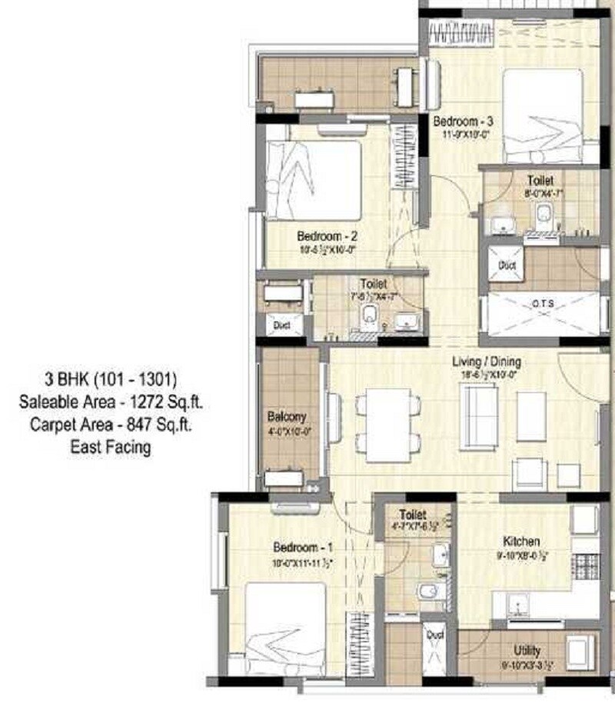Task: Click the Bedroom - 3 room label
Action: [x=463, y=121]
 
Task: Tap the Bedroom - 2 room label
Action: [x=325, y=236]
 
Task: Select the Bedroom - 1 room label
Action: [x=303, y=548]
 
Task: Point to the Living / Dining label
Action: [x=486, y=361]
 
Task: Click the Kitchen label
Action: [x=521, y=541]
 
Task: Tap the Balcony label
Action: [x=287, y=417]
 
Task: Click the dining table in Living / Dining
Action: [x=387, y=424]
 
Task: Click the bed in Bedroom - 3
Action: [x=543, y=116]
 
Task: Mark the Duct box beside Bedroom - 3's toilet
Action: [x=507, y=265]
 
